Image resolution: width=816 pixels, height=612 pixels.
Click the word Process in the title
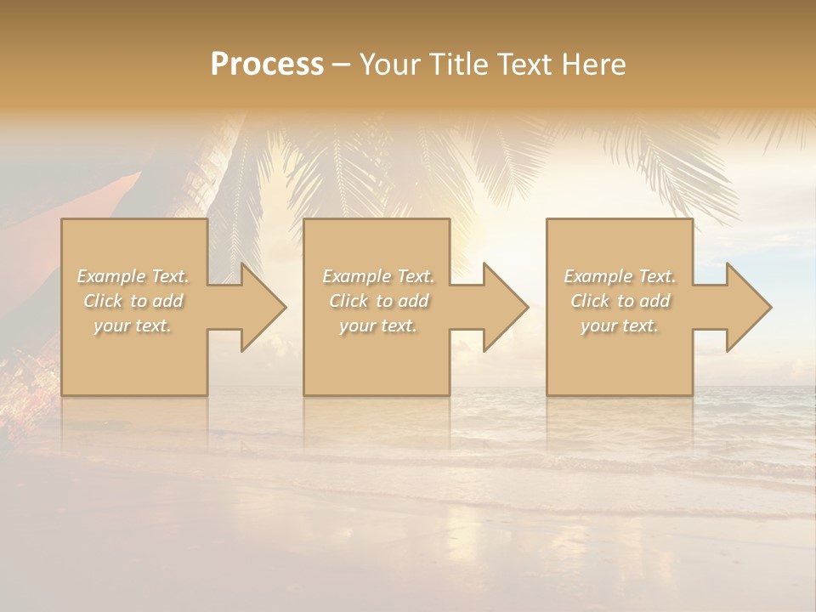[267, 65]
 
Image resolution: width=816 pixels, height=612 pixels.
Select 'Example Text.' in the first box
[133, 276]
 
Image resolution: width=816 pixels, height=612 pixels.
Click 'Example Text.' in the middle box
[377, 276]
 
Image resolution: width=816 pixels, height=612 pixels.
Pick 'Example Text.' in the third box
[620, 276]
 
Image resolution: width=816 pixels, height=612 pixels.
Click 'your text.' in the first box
[133, 326]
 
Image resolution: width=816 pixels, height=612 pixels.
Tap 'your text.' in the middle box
[377, 326]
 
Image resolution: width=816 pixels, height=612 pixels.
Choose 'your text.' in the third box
[620, 326]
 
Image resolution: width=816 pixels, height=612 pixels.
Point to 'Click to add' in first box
[133, 301]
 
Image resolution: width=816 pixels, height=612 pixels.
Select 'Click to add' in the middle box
[377, 301]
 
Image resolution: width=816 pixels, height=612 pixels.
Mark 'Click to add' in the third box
[620, 301]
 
